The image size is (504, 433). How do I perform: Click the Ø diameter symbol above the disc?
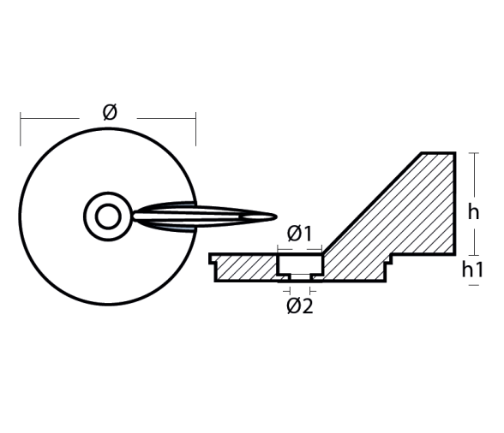pyautogui.click(x=110, y=112)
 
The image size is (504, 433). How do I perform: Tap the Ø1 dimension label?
pyautogui.click(x=299, y=234)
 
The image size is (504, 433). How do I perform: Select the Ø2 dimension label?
pyautogui.click(x=300, y=305)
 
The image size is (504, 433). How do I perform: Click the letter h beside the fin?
pyautogui.click(x=473, y=212)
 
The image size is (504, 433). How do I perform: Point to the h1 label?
pyautogui.click(x=472, y=270)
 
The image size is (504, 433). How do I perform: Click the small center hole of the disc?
pyautogui.click(x=108, y=216)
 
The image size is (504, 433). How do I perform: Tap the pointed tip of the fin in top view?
pyautogui.click(x=276, y=216)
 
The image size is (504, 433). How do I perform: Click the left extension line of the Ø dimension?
pyautogui.click(x=21, y=129)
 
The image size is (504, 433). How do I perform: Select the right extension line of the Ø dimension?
pyautogui.click(x=195, y=129)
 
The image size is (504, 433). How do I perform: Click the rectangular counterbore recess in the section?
pyautogui.click(x=300, y=264)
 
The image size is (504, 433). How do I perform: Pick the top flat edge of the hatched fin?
pyautogui.click(x=439, y=153)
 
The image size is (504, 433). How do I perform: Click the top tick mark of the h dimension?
pyautogui.click(x=474, y=153)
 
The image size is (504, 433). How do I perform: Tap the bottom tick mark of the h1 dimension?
pyautogui.click(x=474, y=285)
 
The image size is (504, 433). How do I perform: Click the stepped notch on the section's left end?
pyautogui.click(x=213, y=259)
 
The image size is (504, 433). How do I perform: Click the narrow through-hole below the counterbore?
pyautogui.click(x=300, y=278)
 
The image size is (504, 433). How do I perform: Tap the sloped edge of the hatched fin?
pyautogui.click(x=372, y=204)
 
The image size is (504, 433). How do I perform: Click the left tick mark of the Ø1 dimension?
pyautogui.click(x=278, y=249)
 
